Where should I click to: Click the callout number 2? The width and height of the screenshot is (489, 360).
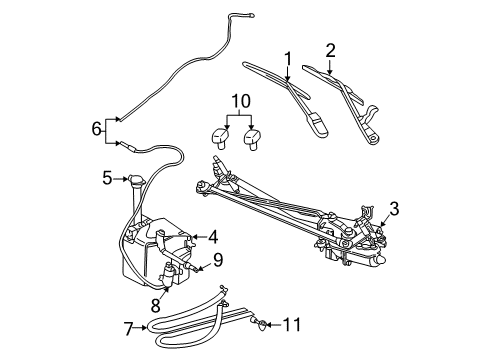click(x=330, y=48)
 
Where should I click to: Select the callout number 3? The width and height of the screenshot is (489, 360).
click(x=393, y=208)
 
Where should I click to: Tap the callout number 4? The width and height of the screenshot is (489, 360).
click(x=212, y=238)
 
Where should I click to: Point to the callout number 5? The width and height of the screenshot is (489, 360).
click(x=107, y=179)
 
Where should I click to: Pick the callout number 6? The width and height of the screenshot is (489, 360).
click(x=96, y=128)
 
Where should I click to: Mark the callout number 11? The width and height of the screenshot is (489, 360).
click(x=291, y=324)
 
